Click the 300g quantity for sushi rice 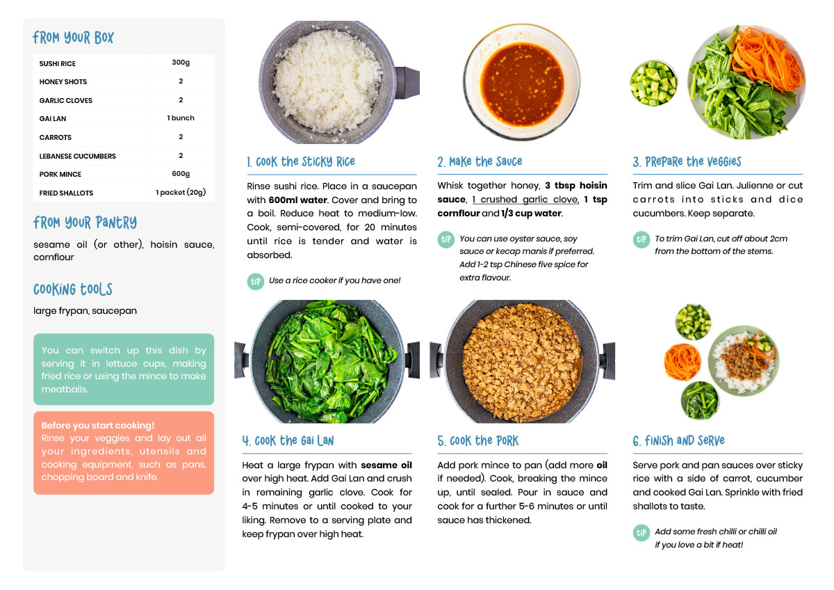click(x=181, y=62)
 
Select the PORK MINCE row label click(x=60, y=174)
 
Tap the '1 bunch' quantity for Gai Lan click(x=181, y=118)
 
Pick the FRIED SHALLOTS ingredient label click(x=66, y=193)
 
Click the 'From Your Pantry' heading click(x=85, y=223)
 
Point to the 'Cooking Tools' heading click(x=73, y=289)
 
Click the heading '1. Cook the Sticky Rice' click(x=301, y=161)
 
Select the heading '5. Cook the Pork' click(x=478, y=441)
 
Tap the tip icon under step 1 click(x=256, y=281)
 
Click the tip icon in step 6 click(x=641, y=533)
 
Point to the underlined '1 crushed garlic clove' click(x=525, y=200)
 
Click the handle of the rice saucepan click(x=407, y=83)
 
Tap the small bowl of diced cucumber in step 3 click(x=653, y=83)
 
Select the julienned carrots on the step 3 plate click(x=767, y=59)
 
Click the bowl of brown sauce click(x=522, y=82)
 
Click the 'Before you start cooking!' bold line click(x=97, y=425)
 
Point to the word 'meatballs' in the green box click(x=64, y=389)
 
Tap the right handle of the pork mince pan click(x=607, y=361)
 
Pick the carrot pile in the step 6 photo click(x=682, y=362)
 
